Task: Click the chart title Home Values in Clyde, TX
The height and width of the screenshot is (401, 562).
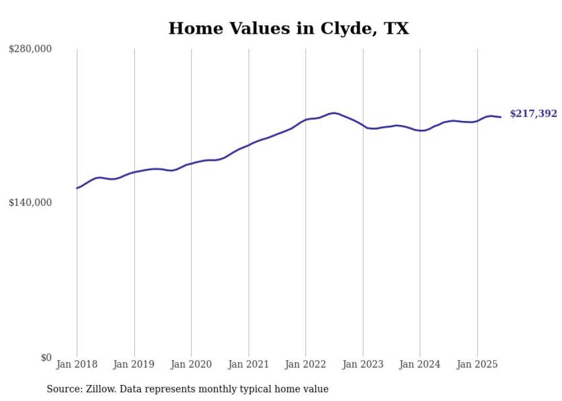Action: coord(288,28)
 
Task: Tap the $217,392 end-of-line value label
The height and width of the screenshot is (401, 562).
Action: coord(533,114)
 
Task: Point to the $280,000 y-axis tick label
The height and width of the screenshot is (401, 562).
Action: coord(30,49)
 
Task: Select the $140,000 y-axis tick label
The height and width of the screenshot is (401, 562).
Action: coord(30,203)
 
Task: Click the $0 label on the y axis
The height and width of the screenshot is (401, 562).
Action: coord(46,357)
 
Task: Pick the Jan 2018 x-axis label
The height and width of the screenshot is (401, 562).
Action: coord(77,364)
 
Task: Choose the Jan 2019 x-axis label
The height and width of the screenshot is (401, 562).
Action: coord(134,364)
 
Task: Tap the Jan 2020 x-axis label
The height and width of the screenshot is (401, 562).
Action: coord(191,364)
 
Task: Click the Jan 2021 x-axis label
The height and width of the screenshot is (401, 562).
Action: coord(248,364)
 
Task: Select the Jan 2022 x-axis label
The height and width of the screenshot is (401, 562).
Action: coord(306,364)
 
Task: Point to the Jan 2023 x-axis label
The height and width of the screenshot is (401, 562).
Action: coord(362,364)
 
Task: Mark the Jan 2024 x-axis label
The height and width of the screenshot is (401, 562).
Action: coord(420,364)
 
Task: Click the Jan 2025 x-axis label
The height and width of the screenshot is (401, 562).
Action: coord(477,364)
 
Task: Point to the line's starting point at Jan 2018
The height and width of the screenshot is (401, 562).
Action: coord(77,188)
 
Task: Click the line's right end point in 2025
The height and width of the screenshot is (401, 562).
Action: coord(501,117)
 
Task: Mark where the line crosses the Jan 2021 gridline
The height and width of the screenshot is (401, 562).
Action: coord(248,145)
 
